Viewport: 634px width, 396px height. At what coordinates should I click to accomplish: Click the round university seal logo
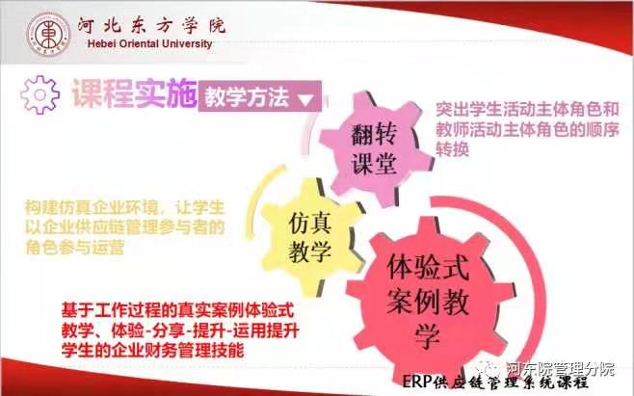tap(48, 34)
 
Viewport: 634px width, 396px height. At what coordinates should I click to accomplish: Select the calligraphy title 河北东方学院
tap(151, 26)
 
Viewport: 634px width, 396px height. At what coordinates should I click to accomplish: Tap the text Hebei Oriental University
tap(149, 43)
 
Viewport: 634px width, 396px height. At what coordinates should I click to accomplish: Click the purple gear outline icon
tap(40, 94)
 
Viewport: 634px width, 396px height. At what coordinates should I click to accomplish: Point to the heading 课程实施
tap(134, 94)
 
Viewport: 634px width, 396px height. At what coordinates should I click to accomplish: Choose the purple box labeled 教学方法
tap(259, 96)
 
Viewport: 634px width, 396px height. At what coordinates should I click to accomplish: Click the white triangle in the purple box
tap(305, 99)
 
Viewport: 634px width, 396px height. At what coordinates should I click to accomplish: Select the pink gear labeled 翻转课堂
tap(375, 148)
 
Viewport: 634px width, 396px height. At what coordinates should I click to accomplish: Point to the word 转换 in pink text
tap(452, 149)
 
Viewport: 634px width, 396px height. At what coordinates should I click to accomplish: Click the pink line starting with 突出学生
tap(527, 109)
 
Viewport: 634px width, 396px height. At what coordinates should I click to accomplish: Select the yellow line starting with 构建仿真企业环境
tap(124, 207)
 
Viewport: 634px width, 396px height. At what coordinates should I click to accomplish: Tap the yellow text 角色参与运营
tap(74, 248)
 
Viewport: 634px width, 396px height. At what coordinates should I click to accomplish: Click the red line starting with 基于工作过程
tap(177, 310)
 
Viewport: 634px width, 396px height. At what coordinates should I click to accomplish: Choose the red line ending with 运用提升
tap(180, 330)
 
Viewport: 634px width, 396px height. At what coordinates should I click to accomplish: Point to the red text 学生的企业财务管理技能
tap(153, 350)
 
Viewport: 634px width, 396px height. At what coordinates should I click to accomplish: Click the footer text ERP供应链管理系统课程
tap(495, 382)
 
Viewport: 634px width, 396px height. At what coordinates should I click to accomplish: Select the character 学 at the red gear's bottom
tap(428, 337)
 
